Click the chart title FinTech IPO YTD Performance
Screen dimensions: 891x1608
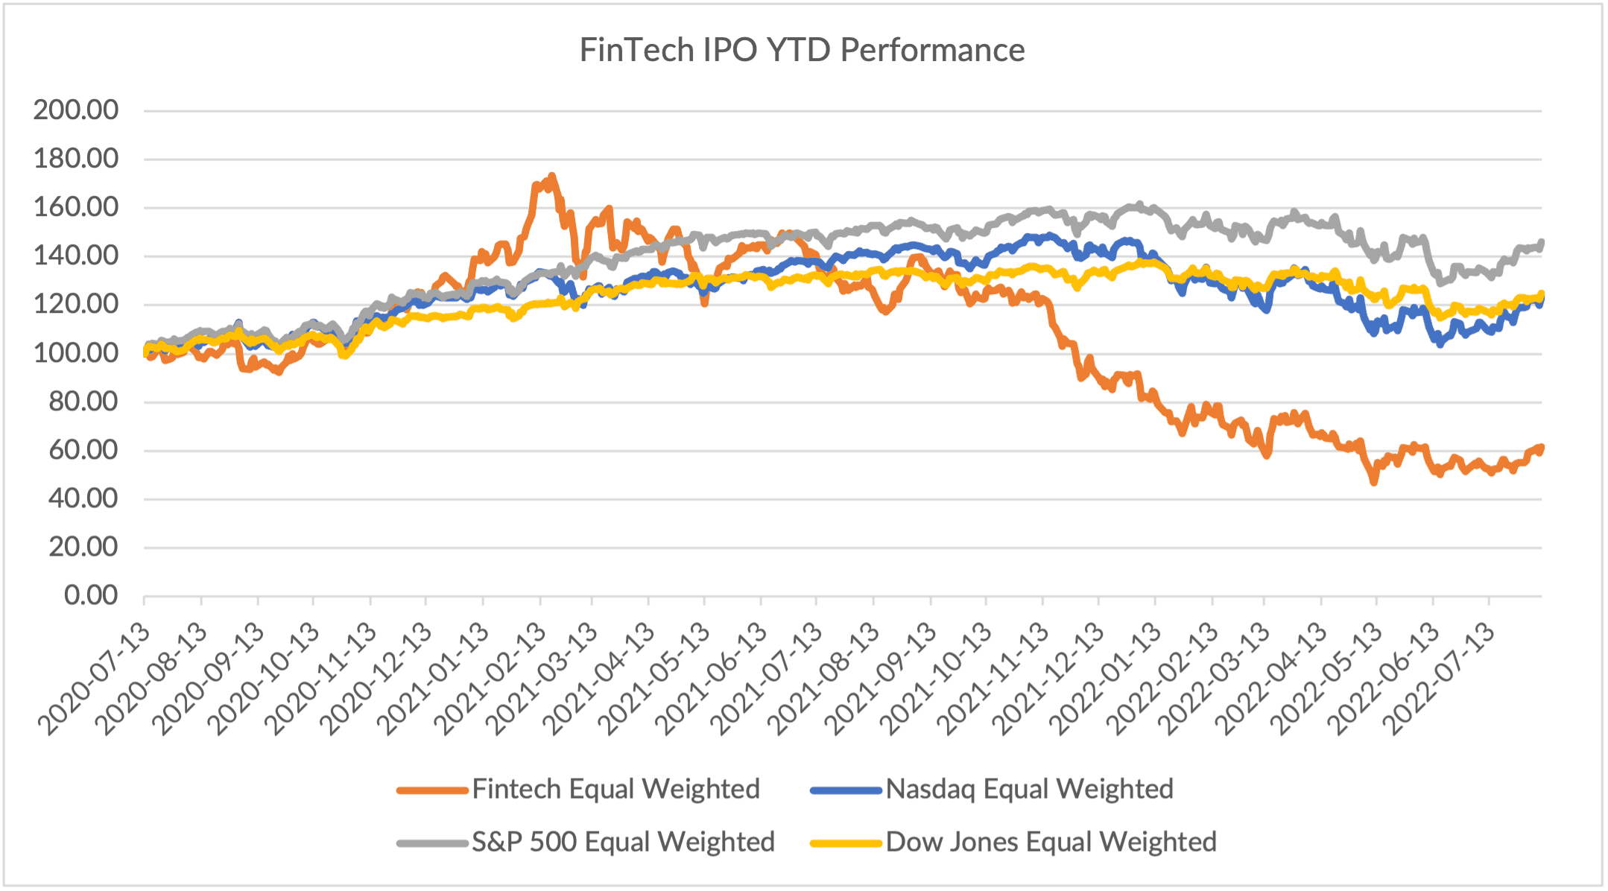802,51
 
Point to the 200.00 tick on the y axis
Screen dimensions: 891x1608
76,110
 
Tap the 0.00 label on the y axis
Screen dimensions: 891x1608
91,596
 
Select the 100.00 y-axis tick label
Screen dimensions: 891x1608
76,353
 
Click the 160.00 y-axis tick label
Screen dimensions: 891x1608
76,207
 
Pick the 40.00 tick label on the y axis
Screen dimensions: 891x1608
83,498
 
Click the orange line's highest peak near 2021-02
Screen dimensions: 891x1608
551,177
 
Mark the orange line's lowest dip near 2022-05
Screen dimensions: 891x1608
1374,483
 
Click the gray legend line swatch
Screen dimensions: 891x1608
431,843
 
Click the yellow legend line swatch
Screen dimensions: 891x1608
846,843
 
